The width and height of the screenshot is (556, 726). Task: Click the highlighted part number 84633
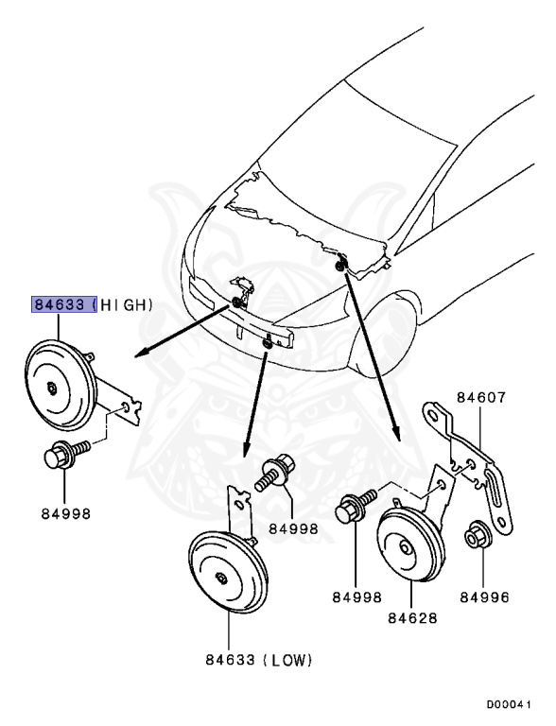point(62,304)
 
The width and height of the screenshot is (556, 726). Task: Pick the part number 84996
point(482,597)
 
